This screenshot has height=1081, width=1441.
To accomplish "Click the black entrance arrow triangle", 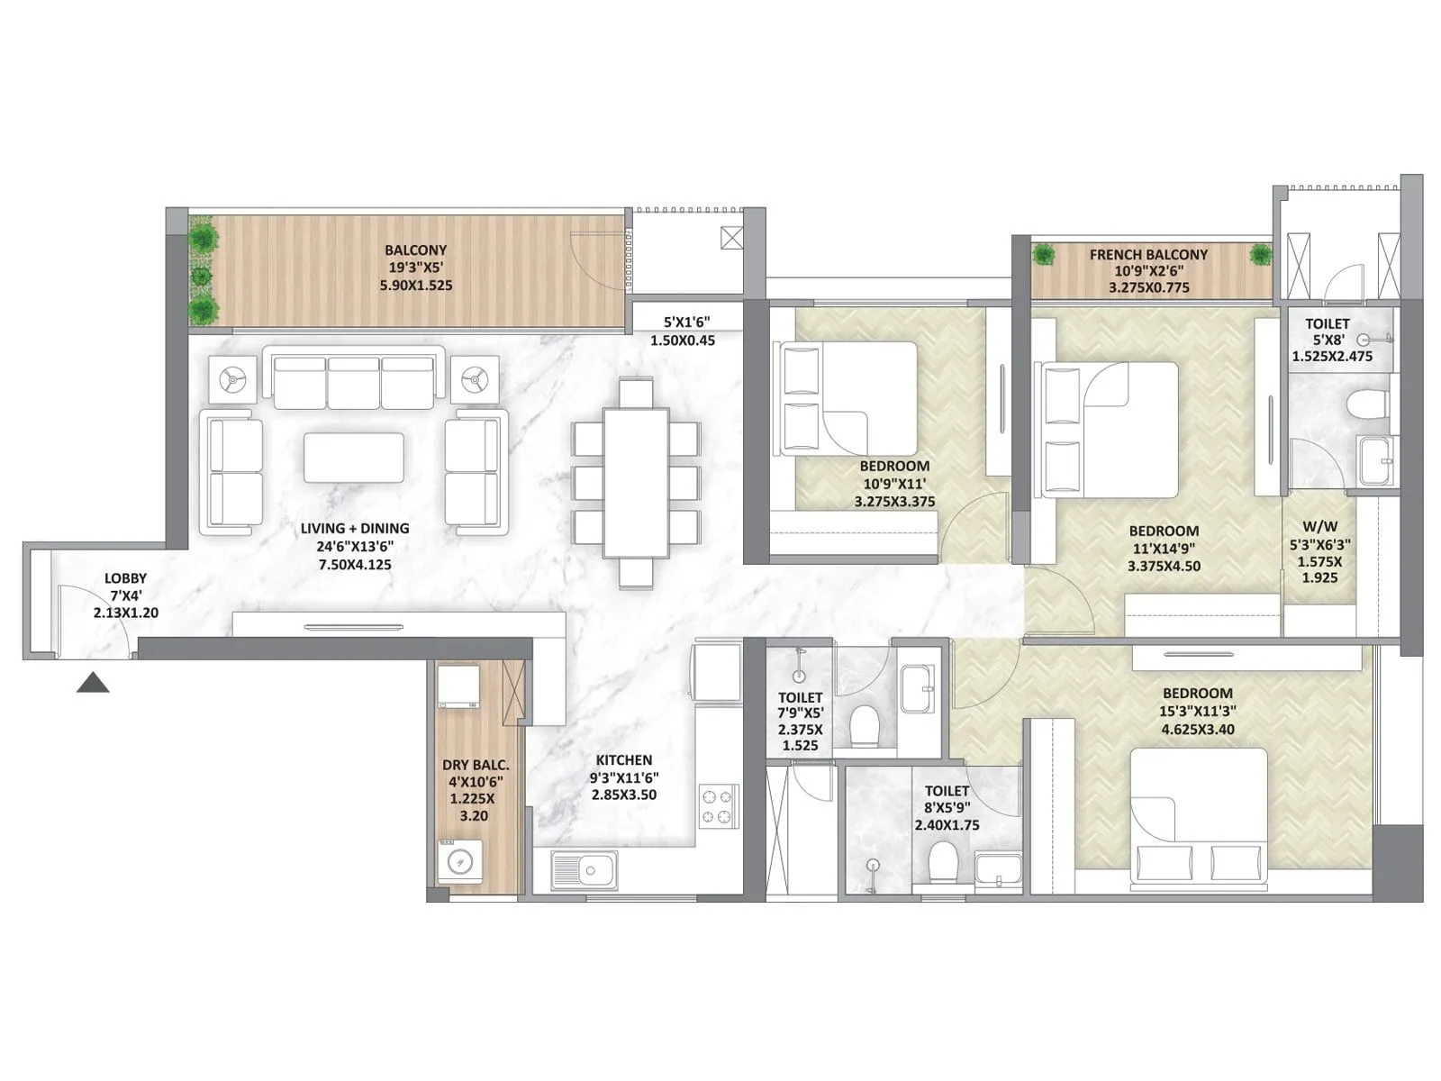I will click(93, 684).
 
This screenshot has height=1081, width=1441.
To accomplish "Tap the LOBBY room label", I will click(125, 578).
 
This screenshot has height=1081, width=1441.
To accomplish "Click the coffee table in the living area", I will click(353, 458).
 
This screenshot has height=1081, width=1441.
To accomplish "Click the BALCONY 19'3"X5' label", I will click(415, 250).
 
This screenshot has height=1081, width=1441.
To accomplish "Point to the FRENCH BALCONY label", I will click(1148, 255).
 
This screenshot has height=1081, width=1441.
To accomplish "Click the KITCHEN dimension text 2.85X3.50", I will click(623, 795).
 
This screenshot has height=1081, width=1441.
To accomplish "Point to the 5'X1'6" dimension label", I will click(682, 322).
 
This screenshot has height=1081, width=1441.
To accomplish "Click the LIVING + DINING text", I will click(355, 529).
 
